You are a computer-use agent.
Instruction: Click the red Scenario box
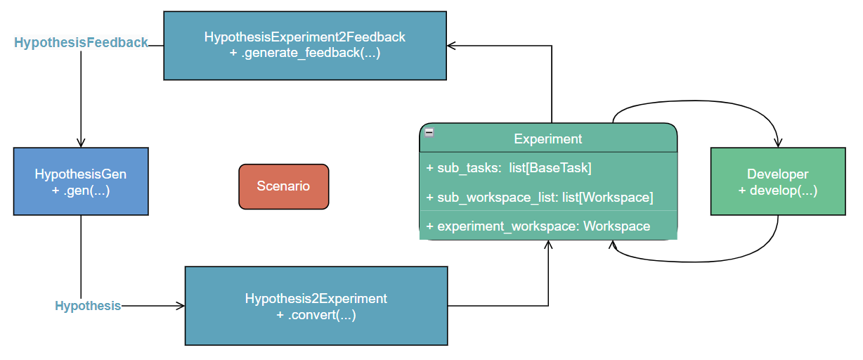coord(283,186)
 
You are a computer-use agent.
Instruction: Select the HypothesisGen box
coord(81,181)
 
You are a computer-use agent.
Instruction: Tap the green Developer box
coord(778,181)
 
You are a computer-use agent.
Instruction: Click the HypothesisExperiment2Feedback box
coord(305,46)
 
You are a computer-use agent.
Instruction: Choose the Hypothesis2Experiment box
coord(316,306)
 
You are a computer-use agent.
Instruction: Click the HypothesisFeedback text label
coord(81,42)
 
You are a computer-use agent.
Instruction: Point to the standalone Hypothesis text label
coord(88,306)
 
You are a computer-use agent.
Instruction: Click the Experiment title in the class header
coord(548,139)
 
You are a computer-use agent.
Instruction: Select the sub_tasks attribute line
coord(509,168)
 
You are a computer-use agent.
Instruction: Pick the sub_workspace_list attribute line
coord(540,198)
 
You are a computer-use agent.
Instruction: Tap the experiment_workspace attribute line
coord(538,226)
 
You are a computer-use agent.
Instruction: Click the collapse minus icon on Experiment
coord(429,133)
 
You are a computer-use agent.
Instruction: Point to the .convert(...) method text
coord(316,315)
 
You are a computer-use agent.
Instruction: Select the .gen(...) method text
coord(81,191)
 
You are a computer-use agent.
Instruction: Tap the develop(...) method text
coord(778,191)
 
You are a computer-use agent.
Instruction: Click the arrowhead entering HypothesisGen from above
coord(81,143)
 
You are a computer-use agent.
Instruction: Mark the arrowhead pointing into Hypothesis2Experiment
coord(181,306)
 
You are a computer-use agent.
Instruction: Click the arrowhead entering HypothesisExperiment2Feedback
coord(452,46)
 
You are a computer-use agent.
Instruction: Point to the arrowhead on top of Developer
coord(778,143)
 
